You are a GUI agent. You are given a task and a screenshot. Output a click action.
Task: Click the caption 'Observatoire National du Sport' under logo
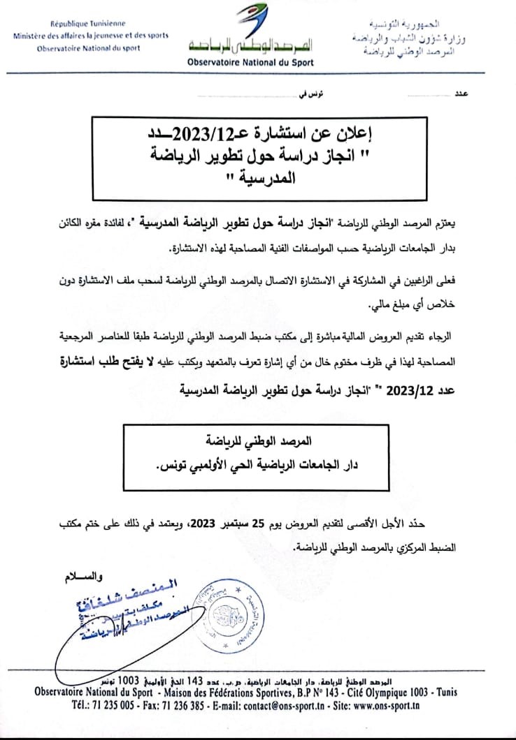pos(250,62)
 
